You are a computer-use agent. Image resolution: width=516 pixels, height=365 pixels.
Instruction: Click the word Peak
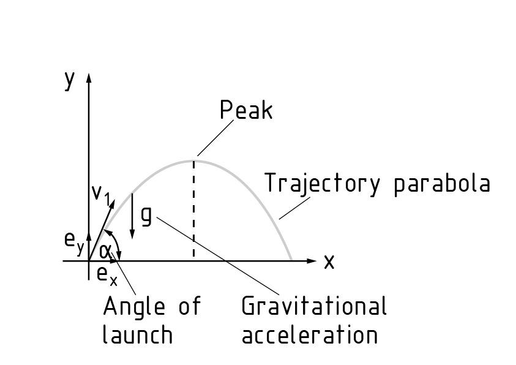pos(246,111)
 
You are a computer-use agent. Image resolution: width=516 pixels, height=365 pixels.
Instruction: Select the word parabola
pos(441,184)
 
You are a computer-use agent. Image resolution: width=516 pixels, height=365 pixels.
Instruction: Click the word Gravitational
pos(314,306)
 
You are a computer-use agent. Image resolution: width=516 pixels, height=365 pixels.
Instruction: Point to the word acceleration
pos(310,335)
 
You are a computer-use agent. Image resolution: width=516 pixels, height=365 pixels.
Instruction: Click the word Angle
pos(133,306)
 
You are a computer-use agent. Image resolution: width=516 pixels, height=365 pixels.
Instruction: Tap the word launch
pos(137,335)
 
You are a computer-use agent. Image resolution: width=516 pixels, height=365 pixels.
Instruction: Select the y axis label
pos(70,80)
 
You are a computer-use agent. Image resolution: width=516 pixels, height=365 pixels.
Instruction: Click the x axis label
pos(329,262)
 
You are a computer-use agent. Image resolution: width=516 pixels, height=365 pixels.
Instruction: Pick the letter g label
pos(146,216)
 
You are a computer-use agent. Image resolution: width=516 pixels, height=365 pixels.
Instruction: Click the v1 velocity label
pos(100,194)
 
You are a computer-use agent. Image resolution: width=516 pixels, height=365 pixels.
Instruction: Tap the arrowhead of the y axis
pos(89,78)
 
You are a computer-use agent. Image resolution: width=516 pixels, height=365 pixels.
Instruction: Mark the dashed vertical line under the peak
pos(194,208)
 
